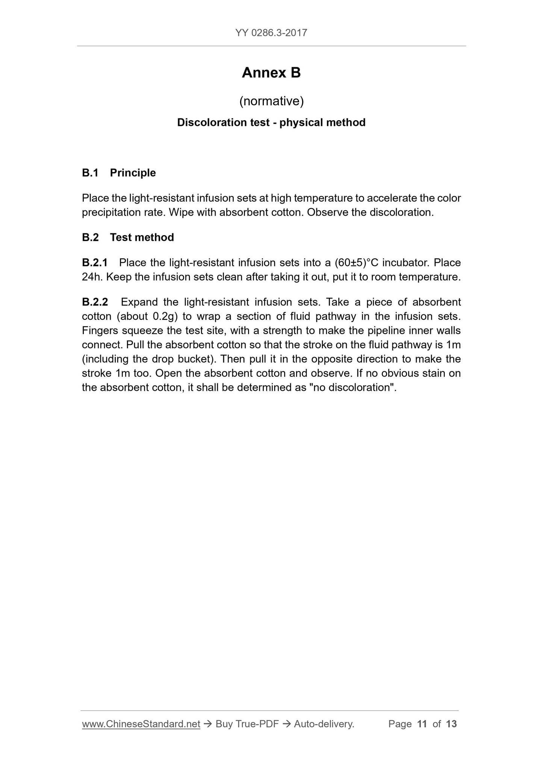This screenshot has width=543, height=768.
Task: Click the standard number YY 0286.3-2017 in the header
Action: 271,33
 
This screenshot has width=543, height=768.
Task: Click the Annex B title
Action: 271,73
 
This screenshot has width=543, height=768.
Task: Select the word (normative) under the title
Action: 271,101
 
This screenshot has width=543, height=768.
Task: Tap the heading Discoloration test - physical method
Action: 271,122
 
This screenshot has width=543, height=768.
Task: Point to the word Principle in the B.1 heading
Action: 133,173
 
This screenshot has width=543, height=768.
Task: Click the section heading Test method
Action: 142,237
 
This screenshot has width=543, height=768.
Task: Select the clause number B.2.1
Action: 95,263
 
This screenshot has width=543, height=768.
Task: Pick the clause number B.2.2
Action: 95,302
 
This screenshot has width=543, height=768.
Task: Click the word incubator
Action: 406,263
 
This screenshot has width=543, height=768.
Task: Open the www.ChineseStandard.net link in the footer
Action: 141,724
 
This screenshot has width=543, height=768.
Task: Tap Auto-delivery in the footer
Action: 324,724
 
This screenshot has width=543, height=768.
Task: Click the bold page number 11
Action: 422,724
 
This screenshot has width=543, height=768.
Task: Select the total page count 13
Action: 451,724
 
